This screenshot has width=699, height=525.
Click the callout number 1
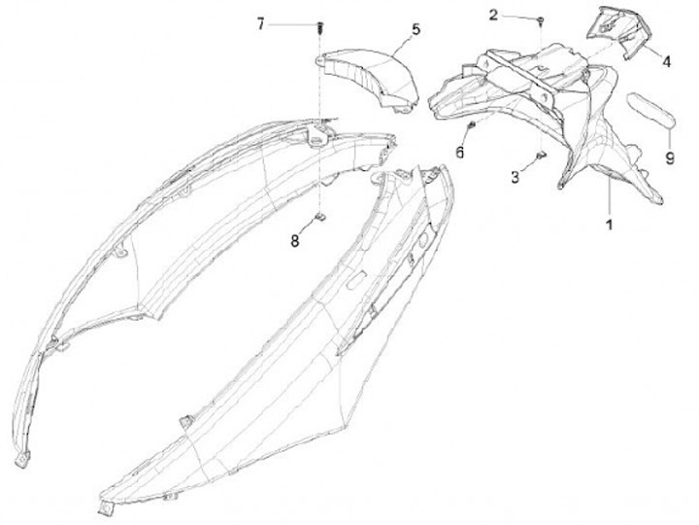coord(610,225)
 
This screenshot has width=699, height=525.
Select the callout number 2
coord(494,15)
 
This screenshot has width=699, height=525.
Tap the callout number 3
coord(516,178)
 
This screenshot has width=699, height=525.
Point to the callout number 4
coord(667,60)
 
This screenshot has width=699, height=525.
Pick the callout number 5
coord(416,30)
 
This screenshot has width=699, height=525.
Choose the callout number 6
coord(460,153)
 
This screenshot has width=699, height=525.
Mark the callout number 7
coord(260,24)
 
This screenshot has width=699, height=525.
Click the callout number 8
coord(295,241)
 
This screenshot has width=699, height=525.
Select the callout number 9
coord(669,157)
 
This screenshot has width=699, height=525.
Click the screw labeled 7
coord(319,26)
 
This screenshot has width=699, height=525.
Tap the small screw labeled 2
coord(540,18)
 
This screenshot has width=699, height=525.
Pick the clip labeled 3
coord(540,155)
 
